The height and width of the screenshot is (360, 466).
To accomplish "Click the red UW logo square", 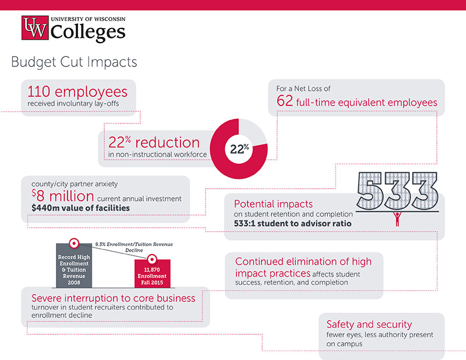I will pos(36,28).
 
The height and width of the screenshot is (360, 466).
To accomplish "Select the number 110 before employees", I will pos(40,92).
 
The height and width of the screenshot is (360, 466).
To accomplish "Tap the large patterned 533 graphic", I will pos(398,192).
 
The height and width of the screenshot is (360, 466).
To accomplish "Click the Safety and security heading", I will pos(369,324).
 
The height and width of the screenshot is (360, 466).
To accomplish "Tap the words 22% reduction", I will pos(154,142).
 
